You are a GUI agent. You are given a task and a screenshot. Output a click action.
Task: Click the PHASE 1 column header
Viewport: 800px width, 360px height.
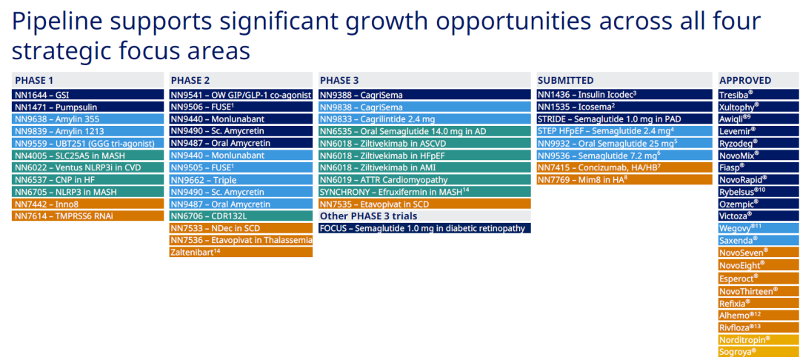(87, 80)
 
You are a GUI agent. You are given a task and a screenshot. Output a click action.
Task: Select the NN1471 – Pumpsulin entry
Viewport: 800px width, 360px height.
(87, 107)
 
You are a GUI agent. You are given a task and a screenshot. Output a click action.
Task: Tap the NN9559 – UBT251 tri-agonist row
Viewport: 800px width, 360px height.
(87, 143)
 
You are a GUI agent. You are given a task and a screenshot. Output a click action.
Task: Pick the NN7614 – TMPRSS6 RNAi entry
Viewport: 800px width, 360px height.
(87, 216)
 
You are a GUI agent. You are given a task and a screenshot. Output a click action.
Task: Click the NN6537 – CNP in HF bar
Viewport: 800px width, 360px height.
(87, 179)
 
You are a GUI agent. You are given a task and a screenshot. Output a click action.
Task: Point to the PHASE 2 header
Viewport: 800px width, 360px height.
(241, 80)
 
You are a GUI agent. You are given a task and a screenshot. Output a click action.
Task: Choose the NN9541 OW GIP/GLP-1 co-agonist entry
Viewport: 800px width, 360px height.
(241, 95)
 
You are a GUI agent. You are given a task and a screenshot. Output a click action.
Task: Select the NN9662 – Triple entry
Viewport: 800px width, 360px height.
(241, 179)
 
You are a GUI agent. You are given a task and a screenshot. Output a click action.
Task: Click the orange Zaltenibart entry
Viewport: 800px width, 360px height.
(241, 252)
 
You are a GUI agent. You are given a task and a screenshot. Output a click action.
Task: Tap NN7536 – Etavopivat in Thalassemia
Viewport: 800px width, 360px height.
(241, 240)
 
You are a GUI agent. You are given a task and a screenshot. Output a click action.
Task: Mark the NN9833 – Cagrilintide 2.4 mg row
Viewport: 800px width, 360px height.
(424, 119)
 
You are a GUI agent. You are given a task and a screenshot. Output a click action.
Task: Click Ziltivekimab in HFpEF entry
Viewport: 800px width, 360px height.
(424, 156)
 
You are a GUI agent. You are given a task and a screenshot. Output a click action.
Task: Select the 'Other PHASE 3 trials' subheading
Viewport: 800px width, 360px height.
(368, 216)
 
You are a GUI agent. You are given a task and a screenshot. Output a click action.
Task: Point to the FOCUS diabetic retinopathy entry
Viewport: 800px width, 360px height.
(424, 228)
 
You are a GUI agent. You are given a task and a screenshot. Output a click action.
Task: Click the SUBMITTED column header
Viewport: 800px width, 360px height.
(624, 80)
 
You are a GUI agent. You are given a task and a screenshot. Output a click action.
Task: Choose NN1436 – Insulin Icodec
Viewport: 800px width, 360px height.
(624, 95)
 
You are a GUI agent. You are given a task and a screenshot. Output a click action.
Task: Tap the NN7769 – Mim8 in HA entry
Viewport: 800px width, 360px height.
(624, 179)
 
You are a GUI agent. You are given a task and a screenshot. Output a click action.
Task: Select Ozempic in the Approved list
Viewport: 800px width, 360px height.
(759, 204)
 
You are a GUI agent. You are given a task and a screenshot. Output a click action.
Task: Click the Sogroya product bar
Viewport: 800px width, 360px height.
(759, 352)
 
